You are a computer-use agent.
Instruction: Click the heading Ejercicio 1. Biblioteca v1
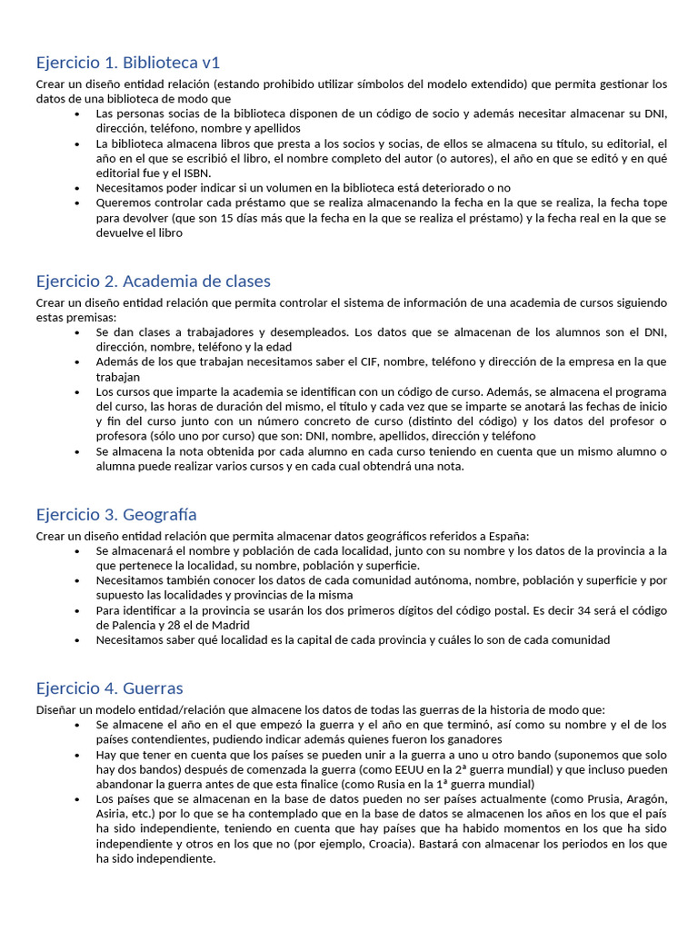click(x=128, y=63)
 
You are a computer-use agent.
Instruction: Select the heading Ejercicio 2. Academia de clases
click(x=153, y=281)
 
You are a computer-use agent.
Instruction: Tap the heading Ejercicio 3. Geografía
click(x=116, y=515)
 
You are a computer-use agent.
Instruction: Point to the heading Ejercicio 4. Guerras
click(x=109, y=688)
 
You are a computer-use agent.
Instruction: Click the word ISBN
click(x=195, y=173)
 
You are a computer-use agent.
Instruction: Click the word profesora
click(x=123, y=436)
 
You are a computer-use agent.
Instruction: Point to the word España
click(x=507, y=535)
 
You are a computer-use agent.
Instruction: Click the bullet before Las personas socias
click(x=77, y=114)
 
